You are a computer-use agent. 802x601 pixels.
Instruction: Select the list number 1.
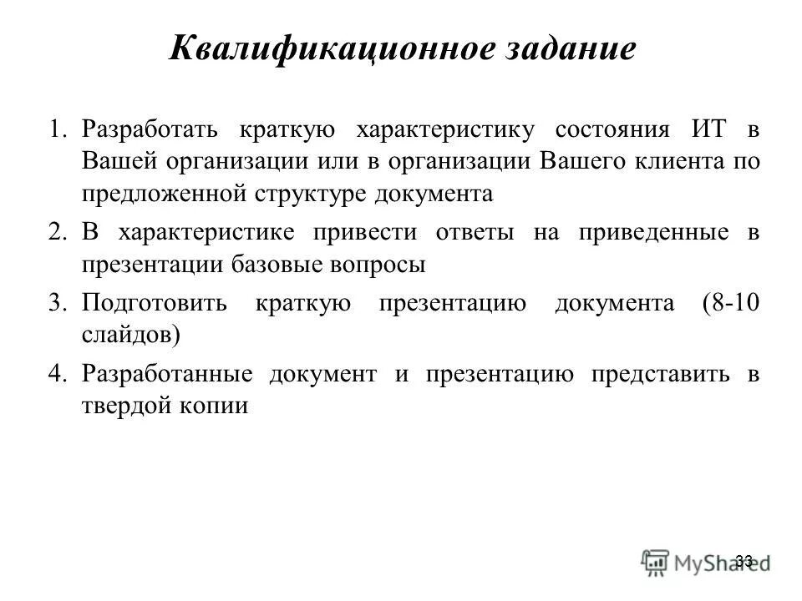(x=57, y=131)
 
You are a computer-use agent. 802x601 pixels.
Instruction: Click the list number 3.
(x=57, y=302)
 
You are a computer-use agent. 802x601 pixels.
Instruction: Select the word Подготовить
(x=155, y=302)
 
